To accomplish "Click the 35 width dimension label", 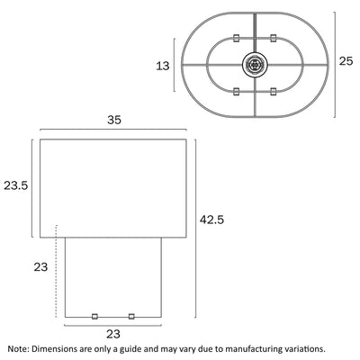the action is (x=114, y=120).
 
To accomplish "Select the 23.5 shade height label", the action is (x=16, y=185).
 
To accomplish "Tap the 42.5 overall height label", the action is (x=212, y=220).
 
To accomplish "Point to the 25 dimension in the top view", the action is (x=346, y=61).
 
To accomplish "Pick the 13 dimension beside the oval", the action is (x=163, y=66).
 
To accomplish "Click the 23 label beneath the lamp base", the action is (x=113, y=334).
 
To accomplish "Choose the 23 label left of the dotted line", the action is (x=40, y=266).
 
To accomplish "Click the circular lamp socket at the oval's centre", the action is (x=255, y=64).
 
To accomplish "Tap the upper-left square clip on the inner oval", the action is (x=236, y=38).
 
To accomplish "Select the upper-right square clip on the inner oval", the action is (x=273, y=38).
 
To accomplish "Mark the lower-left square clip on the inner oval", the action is (x=236, y=91).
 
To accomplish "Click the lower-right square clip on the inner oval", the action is (x=273, y=91).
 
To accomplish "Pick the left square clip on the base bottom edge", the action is (x=94, y=316).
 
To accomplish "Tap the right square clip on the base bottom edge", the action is (x=131, y=316).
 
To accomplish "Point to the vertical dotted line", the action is (x=56, y=271).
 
